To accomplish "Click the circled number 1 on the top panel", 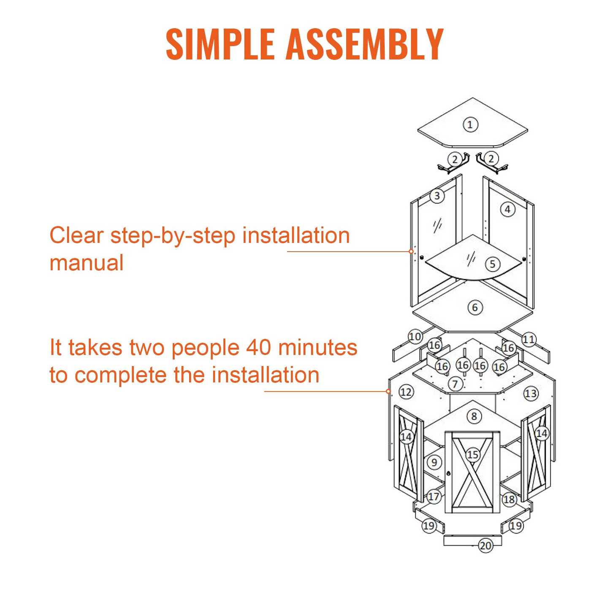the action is click(x=470, y=125).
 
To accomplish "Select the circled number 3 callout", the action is click(x=437, y=196).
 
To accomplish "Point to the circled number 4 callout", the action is click(x=508, y=209).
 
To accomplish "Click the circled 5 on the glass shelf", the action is click(x=493, y=264).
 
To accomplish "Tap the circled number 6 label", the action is click(x=475, y=307).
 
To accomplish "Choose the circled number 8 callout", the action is click(x=474, y=416).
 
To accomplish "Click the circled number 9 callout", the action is click(x=434, y=463).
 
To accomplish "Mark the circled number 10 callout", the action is click(x=415, y=336).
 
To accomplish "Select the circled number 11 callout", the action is click(x=529, y=340).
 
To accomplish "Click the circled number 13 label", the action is click(x=531, y=393).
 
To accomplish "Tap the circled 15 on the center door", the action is click(x=473, y=455).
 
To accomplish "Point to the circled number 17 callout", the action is click(x=434, y=496).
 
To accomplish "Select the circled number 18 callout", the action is click(x=510, y=499).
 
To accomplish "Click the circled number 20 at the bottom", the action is click(x=485, y=546).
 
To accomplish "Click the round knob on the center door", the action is click(x=449, y=474).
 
